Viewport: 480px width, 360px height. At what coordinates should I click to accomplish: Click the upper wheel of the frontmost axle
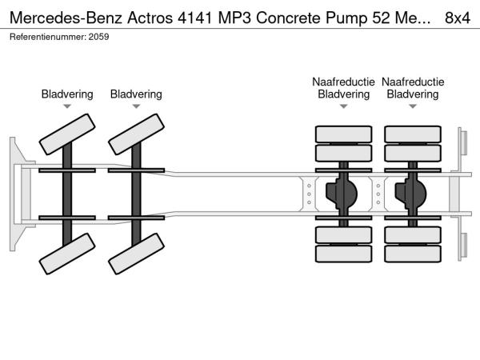[x=67, y=134]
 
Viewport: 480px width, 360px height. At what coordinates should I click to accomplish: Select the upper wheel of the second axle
[x=136, y=134]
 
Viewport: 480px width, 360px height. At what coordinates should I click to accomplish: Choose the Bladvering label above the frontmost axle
[x=67, y=94]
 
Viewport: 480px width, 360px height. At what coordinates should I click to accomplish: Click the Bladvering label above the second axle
[x=136, y=94]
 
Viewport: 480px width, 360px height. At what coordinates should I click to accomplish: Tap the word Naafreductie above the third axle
[x=344, y=82]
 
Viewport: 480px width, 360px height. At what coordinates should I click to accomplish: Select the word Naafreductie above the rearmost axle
[x=413, y=82]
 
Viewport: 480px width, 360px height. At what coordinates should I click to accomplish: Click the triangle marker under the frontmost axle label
[x=67, y=106]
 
